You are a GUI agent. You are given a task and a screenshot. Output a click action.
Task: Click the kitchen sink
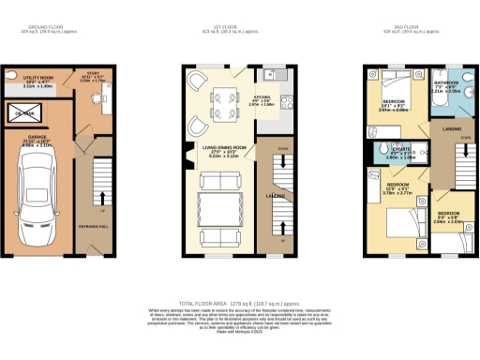click(x=268, y=74)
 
